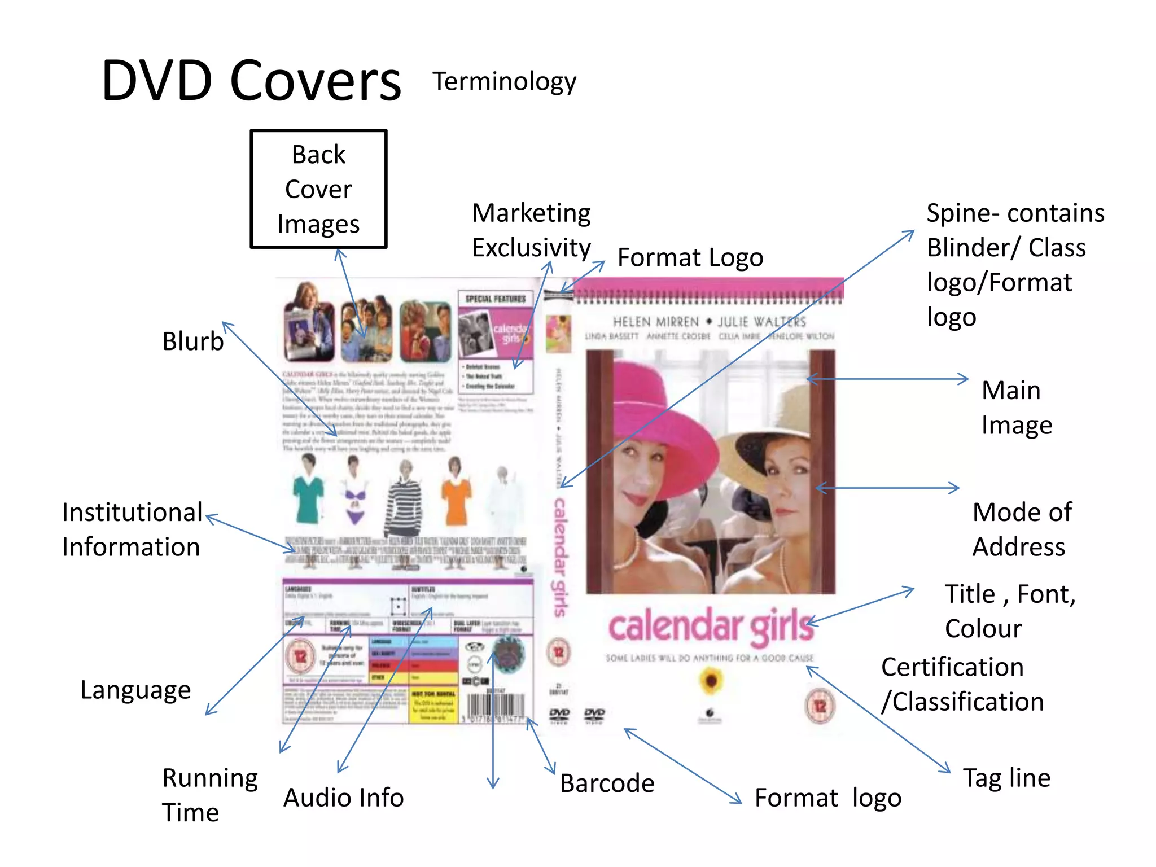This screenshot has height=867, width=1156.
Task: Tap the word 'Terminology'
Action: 504,82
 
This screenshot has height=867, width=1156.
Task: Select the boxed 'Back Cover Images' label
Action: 319,189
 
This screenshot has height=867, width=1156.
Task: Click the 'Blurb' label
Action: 193,341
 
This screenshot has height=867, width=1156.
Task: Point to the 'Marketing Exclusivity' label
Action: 531,230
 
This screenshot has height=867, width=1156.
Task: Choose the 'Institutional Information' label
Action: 132,529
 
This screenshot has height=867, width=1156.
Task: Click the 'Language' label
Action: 135,690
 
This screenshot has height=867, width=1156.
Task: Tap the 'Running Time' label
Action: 209,795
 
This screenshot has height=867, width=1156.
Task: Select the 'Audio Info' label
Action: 343,798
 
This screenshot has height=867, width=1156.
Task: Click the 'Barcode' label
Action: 607,783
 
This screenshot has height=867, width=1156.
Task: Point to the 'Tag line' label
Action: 1006,778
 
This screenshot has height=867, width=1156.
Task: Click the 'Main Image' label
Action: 1016,408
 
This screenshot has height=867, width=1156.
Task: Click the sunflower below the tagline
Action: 711,680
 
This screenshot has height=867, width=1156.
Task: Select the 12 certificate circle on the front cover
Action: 820,706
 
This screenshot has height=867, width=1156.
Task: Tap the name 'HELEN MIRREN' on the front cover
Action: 655,322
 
